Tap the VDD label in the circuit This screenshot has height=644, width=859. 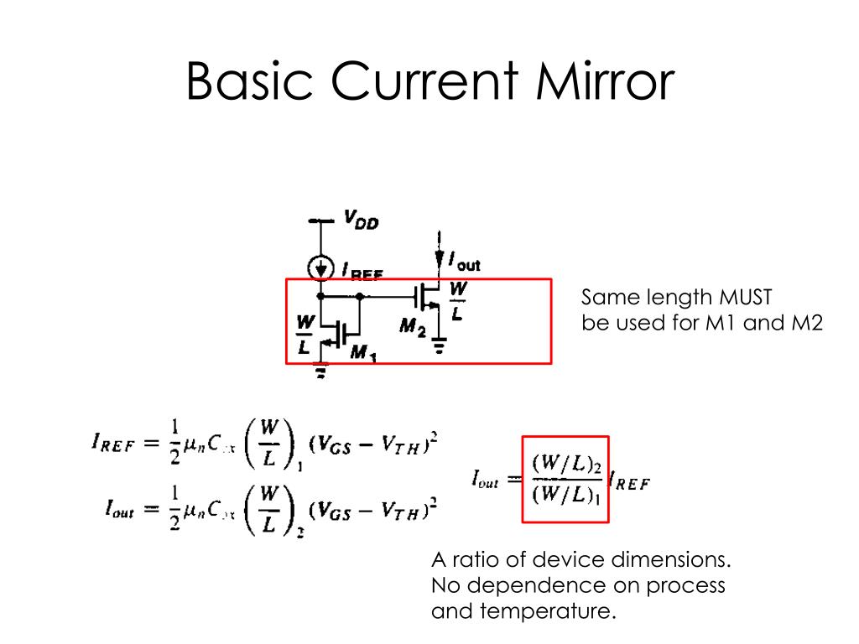[361, 221]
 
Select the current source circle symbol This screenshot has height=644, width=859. [320, 267]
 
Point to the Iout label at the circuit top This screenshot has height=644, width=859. [464, 263]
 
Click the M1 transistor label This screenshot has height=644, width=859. [362, 354]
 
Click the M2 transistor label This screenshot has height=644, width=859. [412, 326]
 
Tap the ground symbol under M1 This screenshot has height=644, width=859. [320, 372]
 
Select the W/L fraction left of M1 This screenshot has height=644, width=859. [305, 334]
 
